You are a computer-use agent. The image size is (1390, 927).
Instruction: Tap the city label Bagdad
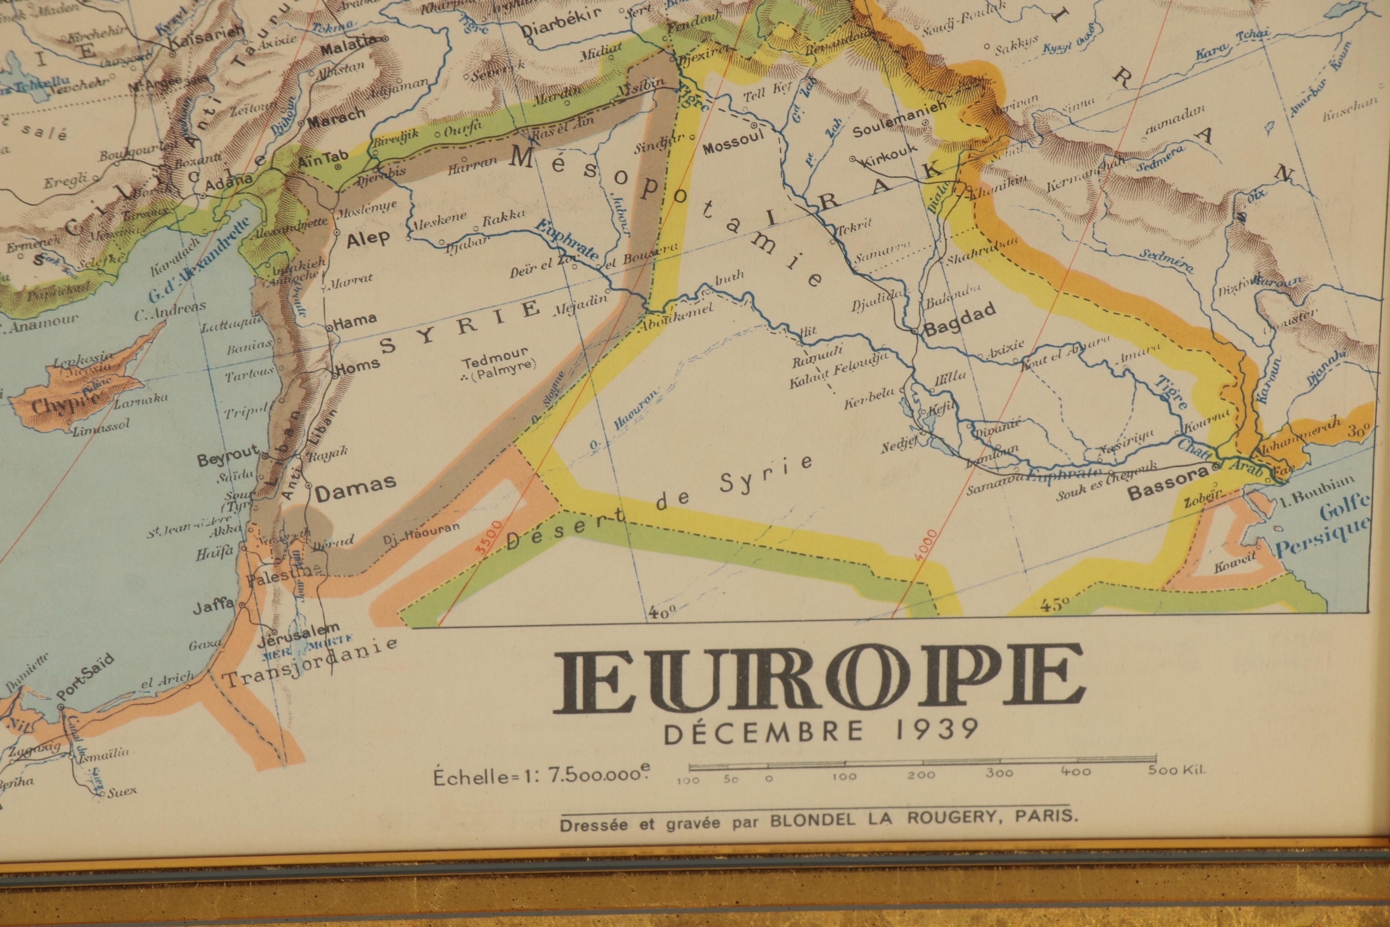click(x=960, y=320)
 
